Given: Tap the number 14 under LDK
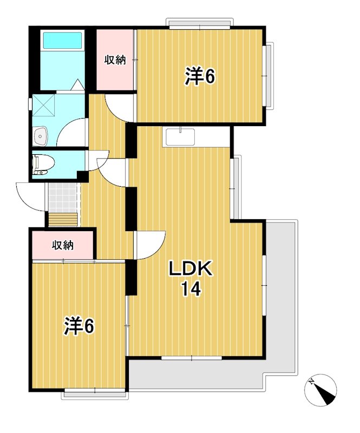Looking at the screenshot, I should (x=191, y=290).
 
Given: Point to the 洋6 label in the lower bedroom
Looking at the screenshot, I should (x=80, y=326).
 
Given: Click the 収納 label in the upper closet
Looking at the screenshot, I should (x=115, y=60).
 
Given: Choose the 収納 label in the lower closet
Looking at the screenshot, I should (x=62, y=245).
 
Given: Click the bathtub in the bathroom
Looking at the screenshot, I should (x=62, y=41).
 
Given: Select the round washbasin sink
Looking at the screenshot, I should (x=41, y=137).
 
